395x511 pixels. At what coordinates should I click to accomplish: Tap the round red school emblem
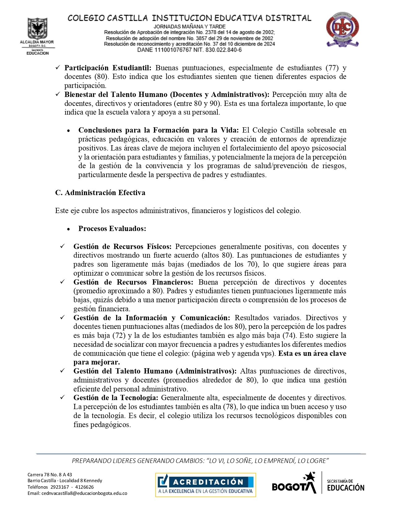click(342, 29)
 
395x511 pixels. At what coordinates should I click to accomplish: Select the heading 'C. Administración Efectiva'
click(100, 193)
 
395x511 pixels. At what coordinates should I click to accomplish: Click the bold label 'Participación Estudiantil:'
click(108, 68)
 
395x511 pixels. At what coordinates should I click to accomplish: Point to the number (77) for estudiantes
click(332, 68)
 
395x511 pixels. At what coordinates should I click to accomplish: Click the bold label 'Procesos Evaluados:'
click(112, 229)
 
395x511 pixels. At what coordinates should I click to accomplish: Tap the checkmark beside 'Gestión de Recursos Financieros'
click(62, 282)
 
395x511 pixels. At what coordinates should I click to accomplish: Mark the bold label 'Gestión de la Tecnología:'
click(116, 398)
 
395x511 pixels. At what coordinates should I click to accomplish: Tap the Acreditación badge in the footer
click(205, 485)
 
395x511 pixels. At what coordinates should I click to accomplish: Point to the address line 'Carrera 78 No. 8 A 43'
click(50, 474)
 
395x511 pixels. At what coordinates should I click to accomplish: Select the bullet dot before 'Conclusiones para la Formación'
click(68, 131)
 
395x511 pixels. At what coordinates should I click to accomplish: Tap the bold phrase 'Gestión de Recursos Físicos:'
click(122, 247)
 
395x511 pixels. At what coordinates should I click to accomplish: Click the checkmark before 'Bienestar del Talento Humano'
click(58, 94)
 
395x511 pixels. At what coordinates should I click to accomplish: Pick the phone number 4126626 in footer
click(84, 487)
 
